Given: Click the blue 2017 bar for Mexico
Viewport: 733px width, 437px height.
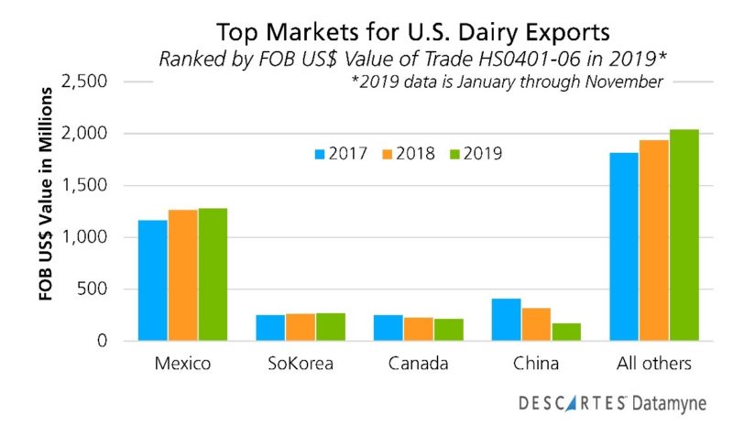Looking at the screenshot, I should coord(153,280).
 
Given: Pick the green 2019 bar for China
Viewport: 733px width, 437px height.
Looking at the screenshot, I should coord(566,332).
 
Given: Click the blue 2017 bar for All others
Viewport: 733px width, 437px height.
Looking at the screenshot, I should coord(624,246).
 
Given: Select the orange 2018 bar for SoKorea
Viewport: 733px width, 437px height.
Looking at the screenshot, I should coord(301,327).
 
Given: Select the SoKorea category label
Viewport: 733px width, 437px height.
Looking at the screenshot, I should coord(301,364).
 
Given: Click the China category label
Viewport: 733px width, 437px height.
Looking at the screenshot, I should coord(537,364).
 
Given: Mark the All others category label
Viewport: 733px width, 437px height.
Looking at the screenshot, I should coord(653,364).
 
